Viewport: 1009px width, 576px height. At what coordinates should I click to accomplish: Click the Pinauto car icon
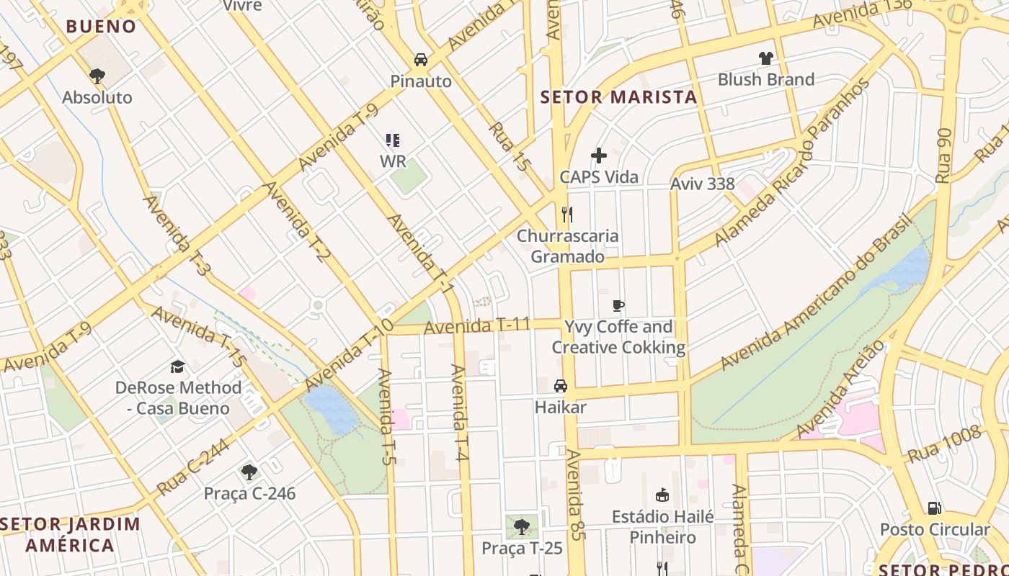[x=421, y=60]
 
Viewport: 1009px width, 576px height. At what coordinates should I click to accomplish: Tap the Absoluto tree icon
[x=97, y=76]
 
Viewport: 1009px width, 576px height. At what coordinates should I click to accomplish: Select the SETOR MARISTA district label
[x=619, y=97]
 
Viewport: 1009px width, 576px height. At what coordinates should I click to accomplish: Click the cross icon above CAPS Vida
[x=599, y=156]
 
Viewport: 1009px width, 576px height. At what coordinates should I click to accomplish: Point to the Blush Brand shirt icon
[x=765, y=58]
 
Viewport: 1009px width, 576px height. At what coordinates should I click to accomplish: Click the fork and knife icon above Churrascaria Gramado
[x=567, y=214]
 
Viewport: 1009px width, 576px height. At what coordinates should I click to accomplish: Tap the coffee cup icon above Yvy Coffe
[x=618, y=305]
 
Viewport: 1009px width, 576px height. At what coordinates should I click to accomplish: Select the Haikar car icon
[x=561, y=386]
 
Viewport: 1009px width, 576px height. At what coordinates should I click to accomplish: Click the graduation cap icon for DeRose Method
[x=178, y=366]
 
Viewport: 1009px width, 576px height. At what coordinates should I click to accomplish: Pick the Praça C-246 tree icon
[x=249, y=472]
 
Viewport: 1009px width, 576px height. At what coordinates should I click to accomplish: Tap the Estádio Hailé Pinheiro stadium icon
[x=662, y=495]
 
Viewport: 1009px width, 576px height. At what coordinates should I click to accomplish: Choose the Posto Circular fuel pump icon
[x=935, y=508]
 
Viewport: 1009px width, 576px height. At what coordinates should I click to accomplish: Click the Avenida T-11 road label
[x=477, y=326]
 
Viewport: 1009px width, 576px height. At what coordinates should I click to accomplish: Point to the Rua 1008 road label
[x=945, y=444]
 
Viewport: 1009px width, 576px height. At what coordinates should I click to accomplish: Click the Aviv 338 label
[x=702, y=184]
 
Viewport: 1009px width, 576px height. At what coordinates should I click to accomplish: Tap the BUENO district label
[x=101, y=27]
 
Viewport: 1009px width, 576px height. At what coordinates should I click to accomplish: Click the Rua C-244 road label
[x=192, y=467]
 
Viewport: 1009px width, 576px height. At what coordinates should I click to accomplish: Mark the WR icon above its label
[x=393, y=140]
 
